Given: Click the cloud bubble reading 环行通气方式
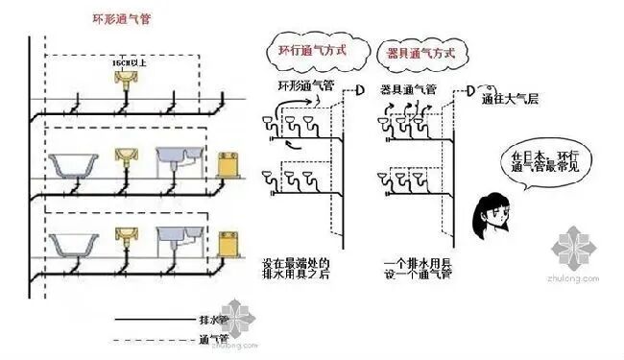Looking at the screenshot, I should (x=311, y=51).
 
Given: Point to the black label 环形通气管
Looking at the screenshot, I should (x=305, y=88).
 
